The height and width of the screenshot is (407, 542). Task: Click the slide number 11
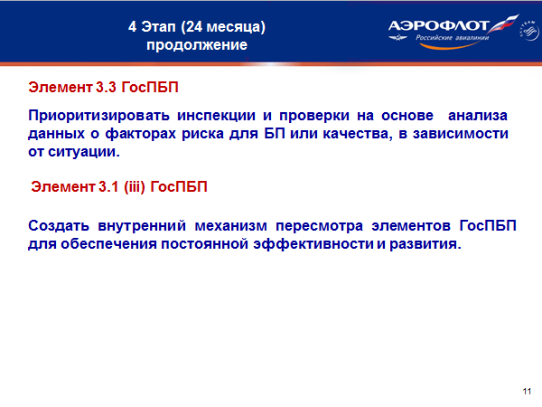527,391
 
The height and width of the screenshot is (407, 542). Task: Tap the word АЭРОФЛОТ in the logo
438,25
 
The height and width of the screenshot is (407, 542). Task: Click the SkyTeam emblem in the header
528,31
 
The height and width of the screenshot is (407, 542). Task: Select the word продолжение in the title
197,45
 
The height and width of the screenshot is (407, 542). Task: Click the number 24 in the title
194,26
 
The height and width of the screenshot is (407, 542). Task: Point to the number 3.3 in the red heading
106,87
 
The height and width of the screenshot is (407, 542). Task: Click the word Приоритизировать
98,116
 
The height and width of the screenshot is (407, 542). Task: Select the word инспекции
217,116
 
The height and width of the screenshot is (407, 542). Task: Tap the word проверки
314,116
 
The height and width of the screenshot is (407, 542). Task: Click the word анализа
477,116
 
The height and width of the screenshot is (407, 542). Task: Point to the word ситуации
84,152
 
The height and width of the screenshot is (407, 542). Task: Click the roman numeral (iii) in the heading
134,187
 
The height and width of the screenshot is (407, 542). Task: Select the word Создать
59,226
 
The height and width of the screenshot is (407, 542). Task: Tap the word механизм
231,226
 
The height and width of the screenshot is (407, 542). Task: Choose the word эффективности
313,244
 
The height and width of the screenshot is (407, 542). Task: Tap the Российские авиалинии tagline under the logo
453,37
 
